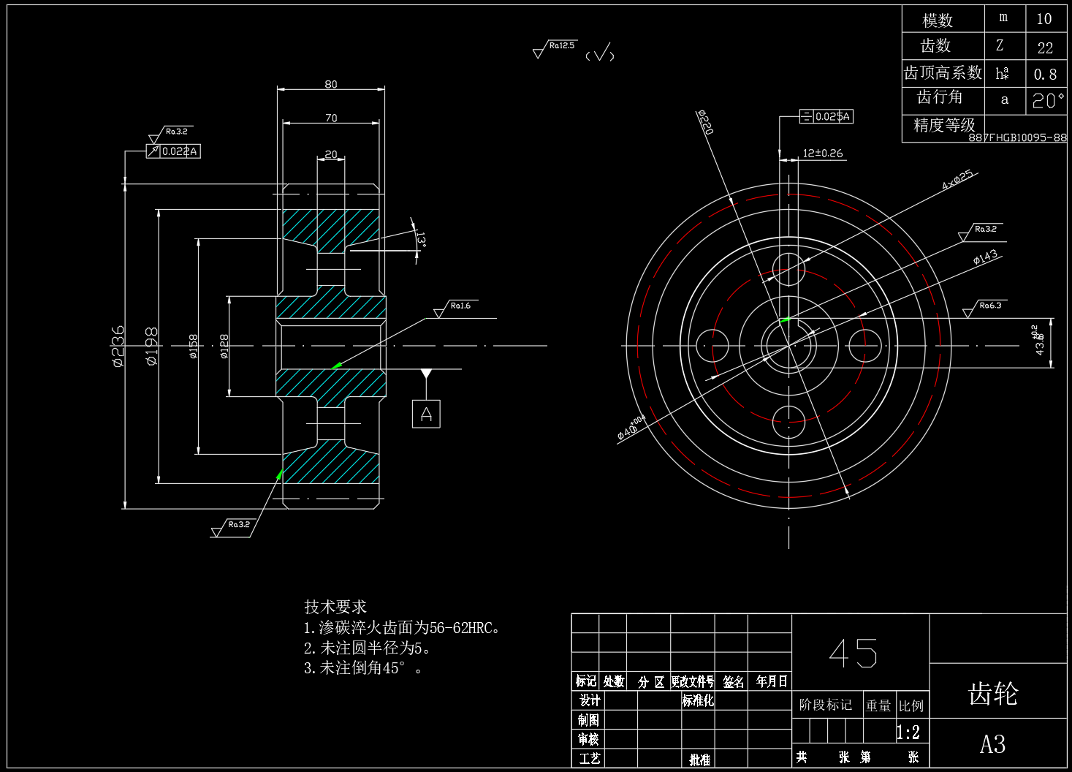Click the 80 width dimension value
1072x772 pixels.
(331, 85)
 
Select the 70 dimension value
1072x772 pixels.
(331, 118)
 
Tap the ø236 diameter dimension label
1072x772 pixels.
(118, 346)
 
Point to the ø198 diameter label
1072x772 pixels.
(151, 346)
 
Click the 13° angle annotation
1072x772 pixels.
(420, 240)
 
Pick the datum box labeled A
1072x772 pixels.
(426, 415)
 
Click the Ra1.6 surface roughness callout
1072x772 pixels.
(460, 306)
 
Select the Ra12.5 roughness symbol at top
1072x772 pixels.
(561, 46)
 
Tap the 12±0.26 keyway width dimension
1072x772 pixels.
(822, 154)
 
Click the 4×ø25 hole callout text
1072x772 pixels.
(957, 180)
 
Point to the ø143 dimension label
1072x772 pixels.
(985, 257)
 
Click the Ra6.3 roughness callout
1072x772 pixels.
(990, 306)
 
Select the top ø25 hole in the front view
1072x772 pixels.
(788, 269)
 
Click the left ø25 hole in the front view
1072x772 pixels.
(712, 345)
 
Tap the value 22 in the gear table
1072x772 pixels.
(1045, 48)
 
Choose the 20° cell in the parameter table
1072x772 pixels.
(1046, 100)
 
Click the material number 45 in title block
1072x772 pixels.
(853, 653)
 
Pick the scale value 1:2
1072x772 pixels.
(908, 733)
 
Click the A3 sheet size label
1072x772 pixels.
(992, 745)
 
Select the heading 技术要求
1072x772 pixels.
(335, 607)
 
